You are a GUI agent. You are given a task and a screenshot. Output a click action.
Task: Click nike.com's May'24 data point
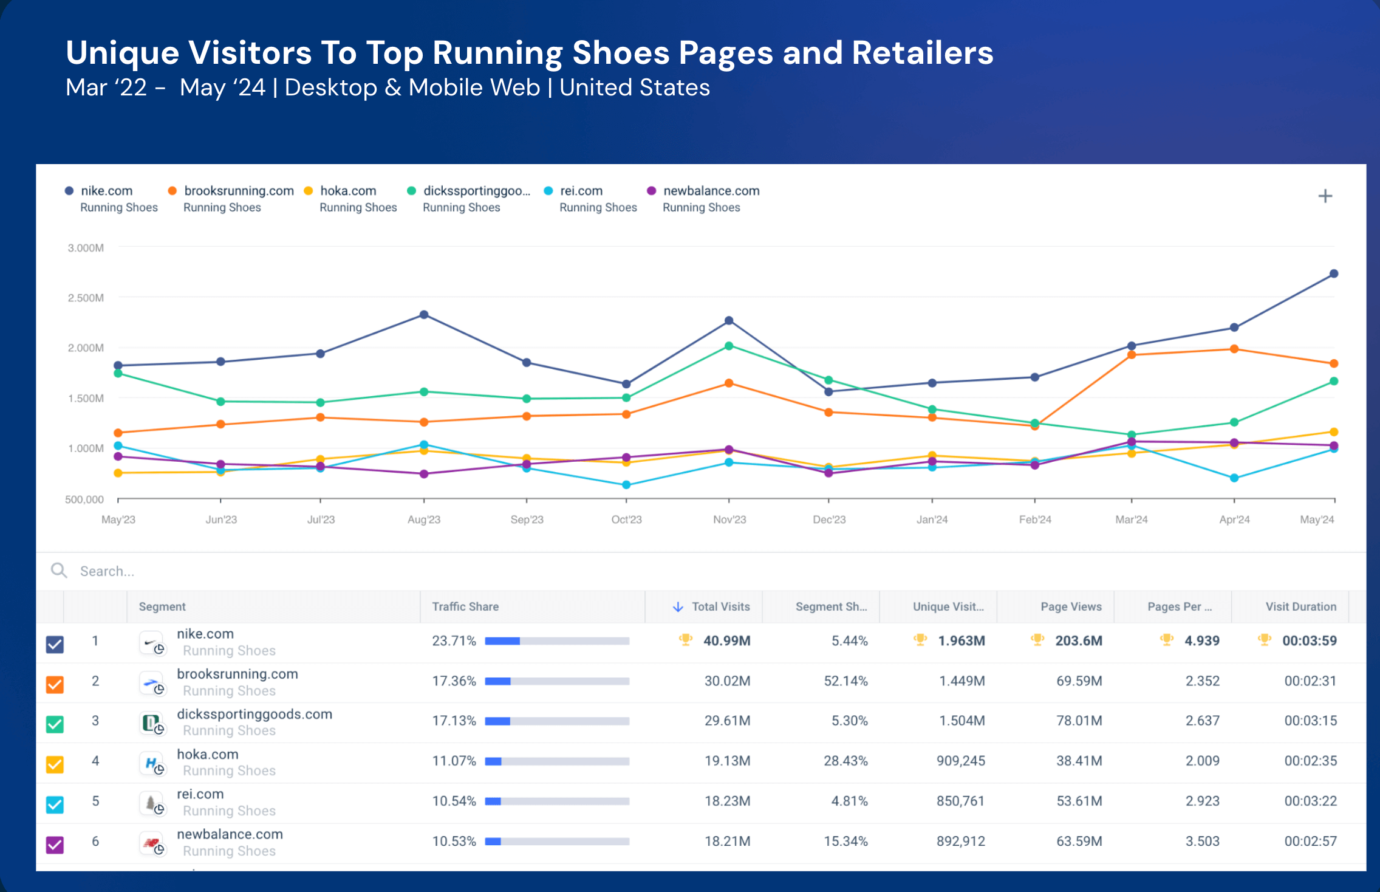[x=1333, y=274]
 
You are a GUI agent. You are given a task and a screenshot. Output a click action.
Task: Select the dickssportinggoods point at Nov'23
[x=729, y=346]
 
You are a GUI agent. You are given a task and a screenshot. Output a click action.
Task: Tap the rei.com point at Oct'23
[x=626, y=485]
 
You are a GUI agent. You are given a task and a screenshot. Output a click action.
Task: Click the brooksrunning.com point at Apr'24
[x=1234, y=349]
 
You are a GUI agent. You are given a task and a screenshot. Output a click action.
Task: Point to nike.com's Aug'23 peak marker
[x=424, y=315]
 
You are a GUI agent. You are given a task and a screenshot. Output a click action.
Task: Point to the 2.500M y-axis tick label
[x=86, y=298]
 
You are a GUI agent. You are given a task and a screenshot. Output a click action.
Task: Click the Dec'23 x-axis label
[x=829, y=520]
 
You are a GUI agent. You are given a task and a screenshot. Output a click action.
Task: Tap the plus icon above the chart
[x=1325, y=196]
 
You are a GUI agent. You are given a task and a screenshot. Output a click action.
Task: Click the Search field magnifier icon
[x=59, y=570]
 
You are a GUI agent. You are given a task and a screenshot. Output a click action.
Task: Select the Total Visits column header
[x=720, y=606]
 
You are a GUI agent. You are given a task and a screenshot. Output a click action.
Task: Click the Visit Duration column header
[x=1300, y=606]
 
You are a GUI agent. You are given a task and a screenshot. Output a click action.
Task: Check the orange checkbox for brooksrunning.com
[x=55, y=684]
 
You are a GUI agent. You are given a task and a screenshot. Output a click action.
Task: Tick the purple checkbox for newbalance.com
[x=55, y=845]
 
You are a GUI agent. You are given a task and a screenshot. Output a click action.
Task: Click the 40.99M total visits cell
[x=726, y=640]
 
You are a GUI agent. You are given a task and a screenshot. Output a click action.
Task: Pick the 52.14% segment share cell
[x=845, y=681]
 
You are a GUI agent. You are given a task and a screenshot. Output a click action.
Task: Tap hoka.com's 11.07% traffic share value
[x=454, y=761]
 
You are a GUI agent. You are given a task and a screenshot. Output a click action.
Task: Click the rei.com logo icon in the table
[x=151, y=803]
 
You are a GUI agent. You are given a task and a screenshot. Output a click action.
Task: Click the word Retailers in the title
[x=922, y=53]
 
